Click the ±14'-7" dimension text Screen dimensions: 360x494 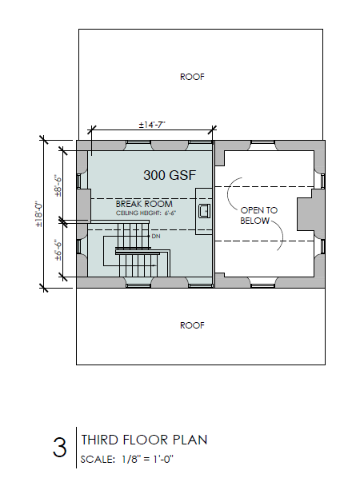(152, 125)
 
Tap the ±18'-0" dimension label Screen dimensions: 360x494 (39, 214)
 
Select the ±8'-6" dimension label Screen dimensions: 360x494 (58, 186)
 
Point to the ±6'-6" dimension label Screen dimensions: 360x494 (58, 250)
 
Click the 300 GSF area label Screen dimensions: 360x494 (170, 175)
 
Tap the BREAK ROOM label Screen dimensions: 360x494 (144, 204)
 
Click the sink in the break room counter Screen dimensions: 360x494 (204, 211)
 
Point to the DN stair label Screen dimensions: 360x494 (156, 236)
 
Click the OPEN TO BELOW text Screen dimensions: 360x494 (259, 216)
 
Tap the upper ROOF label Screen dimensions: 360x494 (192, 77)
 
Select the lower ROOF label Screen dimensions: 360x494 (192, 325)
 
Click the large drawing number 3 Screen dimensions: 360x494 (59, 448)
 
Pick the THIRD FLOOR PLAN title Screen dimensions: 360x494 (144, 440)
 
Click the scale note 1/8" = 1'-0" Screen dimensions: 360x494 (147, 459)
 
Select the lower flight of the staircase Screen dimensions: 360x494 (138, 265)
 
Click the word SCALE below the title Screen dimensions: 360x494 (98, 460)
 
